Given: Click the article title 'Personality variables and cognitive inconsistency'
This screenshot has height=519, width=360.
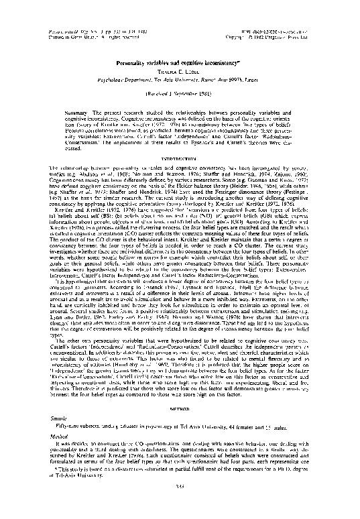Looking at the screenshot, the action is [180, 42].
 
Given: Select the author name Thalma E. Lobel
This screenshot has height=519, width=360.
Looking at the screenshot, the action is [180, 51].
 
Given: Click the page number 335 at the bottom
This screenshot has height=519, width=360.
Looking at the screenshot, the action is [180, 505].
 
